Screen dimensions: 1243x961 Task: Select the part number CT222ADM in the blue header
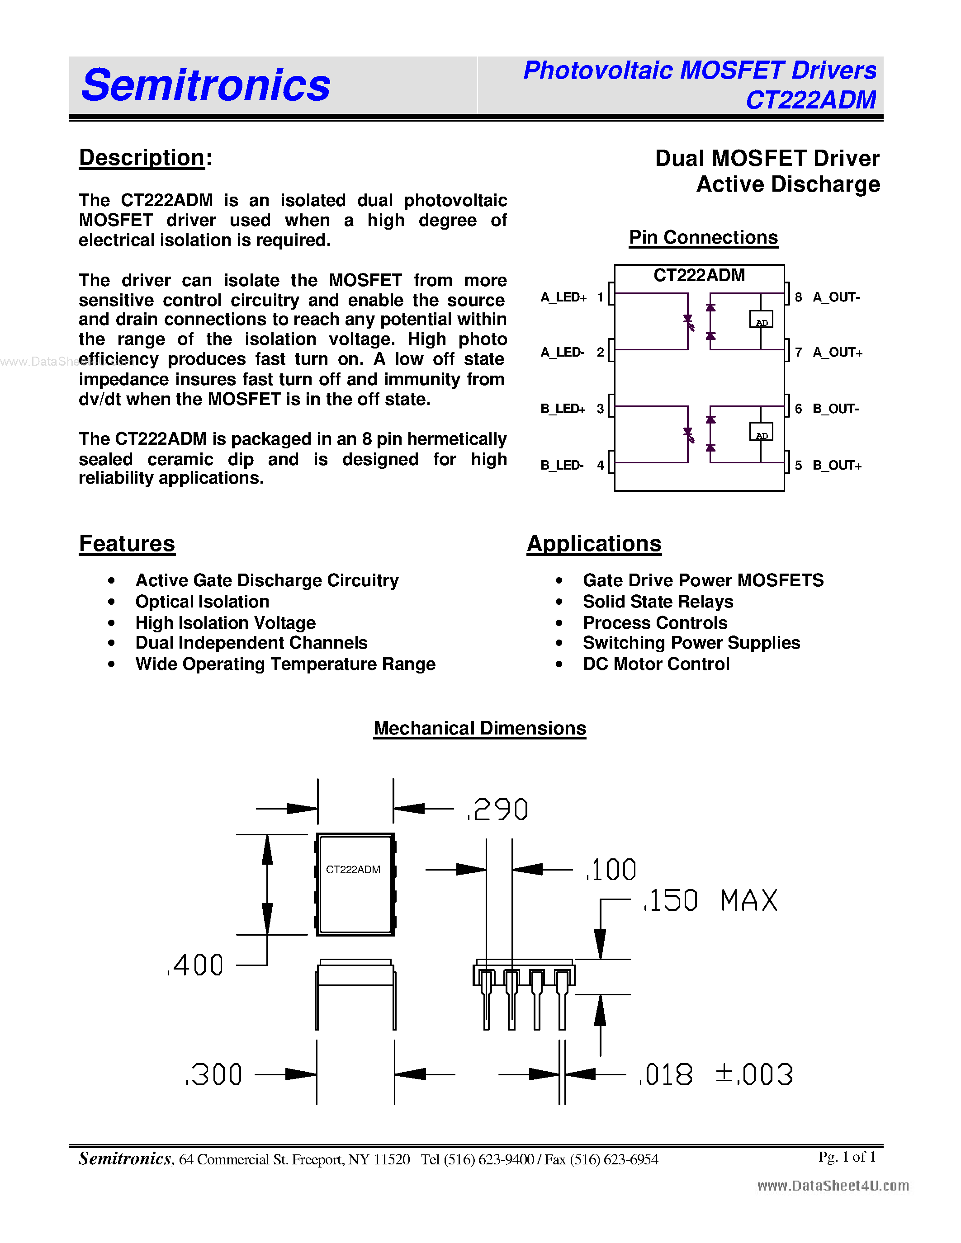(811, 100)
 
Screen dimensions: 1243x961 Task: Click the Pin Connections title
(703, 237)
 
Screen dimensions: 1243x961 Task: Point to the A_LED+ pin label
(563, 297)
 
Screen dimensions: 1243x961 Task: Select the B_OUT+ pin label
(837, 466)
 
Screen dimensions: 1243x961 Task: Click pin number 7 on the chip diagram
(798, 352)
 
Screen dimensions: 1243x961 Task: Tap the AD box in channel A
(761, 320)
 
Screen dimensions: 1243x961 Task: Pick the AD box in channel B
(761, 433)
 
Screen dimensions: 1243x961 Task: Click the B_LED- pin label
(562, 466)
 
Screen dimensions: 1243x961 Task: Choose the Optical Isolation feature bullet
(202, 602)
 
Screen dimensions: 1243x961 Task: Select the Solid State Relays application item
(658, 602)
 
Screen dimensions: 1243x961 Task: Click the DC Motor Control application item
(656, 664)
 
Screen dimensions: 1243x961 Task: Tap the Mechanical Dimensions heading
(479, 729)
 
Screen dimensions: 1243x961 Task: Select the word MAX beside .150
(748, 901)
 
